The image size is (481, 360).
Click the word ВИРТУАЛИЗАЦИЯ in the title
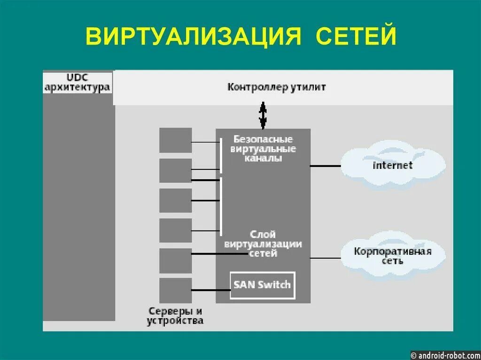pyautogui.click(x=193, y=36)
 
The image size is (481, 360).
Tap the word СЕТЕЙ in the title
pyautogui.click(x=356, y=36)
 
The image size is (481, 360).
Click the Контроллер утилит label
pyautogui.click(x=276, y=87)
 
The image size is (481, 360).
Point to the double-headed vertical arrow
pyautogui.click(x=263, y=116)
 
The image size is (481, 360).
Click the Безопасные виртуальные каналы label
pyautogui.click(x=263, y=149)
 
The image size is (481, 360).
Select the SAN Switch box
pyautogui.click(x=263, y=285)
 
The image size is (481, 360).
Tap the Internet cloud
pyautogui.click(x=392, y=165)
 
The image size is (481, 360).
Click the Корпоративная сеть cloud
pyautogui.click(x=392, y=256)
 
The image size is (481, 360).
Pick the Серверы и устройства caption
pyautogui.click(x=175, y=316)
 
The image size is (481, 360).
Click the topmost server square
pyautogui.click(x=175, y=140)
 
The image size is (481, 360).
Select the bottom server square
pyautogui.click(x=175, y=290)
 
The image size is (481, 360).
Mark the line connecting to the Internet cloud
pyautogui.click(x=325, y=166)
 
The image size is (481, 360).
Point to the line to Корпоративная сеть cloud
pyautogui.click(x=325, y=258)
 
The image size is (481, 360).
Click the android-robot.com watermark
pyautogui.click(x=445, y=355)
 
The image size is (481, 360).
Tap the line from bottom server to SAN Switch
pyautogui.click(x=211, y=290)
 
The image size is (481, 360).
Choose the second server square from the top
pyautogui.click(x=175, y=170)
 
